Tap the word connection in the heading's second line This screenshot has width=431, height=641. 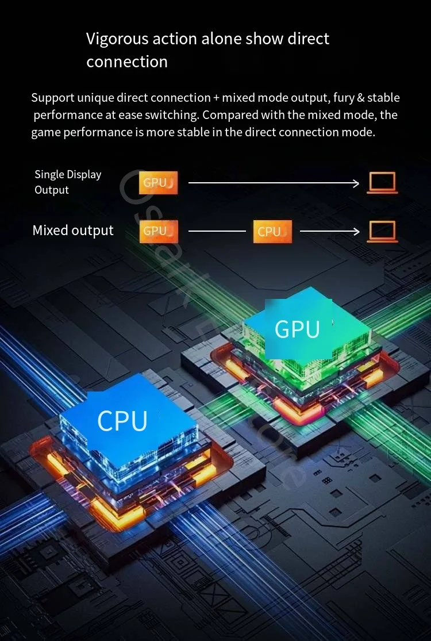point(127,62)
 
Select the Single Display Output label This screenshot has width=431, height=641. point(68,182)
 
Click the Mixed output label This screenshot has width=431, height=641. point(73,231)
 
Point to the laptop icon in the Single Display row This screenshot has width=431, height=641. point(382,183)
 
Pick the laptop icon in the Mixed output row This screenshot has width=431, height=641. point(382,231)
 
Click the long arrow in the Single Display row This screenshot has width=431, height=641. point(273,183)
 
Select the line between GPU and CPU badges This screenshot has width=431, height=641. point(217,231)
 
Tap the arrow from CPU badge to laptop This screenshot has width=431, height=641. point(329,231)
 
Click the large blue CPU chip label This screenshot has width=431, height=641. point(122,420)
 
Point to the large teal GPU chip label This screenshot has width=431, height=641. point(297,329)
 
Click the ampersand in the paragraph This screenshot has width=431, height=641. point(361,98)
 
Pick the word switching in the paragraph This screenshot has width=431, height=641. point(172,115)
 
